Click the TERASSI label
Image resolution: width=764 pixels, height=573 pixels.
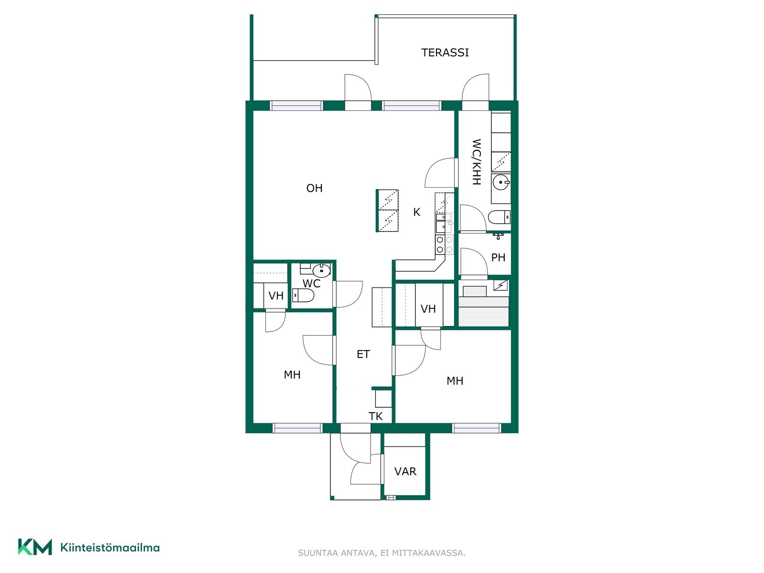tap(445, 53)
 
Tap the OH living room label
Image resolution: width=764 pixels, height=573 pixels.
tap(314, 188)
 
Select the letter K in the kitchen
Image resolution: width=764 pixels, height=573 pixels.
tap(417, 212)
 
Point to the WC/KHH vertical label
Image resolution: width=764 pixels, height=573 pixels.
tap(476, 162)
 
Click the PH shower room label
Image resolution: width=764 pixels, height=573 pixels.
tap(498, 257)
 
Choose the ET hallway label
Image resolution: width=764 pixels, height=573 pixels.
tap(363, 354)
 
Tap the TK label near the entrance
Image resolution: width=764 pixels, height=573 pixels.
tap(376, 416)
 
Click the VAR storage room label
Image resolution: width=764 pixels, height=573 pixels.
tap(405, 471)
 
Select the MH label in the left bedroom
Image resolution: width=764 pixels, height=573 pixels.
tap(292, 375)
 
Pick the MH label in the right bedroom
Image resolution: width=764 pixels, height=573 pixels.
tap(455, 381)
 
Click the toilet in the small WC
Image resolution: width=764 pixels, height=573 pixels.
tap(303, 296)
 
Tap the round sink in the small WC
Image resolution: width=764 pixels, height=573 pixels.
tap(322, 270)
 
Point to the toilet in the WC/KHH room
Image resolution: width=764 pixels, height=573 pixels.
tap(499, 217)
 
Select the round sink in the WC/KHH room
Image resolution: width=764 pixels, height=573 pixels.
tap(501, 182)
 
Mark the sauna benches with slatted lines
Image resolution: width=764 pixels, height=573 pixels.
tap(484, 311)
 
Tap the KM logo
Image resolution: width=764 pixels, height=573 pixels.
tap(35, 547)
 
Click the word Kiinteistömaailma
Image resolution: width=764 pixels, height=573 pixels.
tap(110, 548)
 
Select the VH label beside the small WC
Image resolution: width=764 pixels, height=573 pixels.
tap(276, 296)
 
